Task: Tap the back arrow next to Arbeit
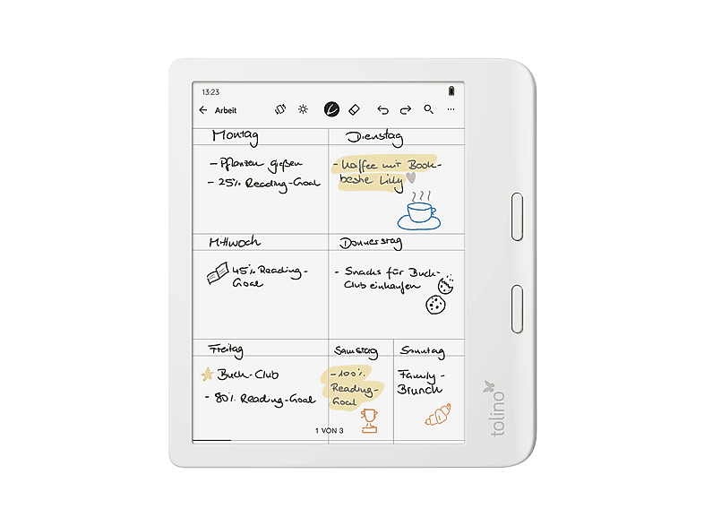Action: [203, 110]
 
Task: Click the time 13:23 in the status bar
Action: [210, 92]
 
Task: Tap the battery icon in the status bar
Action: [451, 91]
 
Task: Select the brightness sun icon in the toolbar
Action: [303, 109]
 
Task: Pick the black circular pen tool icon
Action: [331, 109]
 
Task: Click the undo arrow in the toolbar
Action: [383, 110]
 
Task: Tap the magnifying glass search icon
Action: [428, 109]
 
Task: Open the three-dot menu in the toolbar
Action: [451, 109]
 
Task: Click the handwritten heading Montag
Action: [235, 136]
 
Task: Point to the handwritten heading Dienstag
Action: [374, 138]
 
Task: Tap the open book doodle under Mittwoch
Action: [218, 276]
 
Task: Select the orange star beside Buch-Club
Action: [206, 374]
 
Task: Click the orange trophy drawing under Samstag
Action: [368, 420]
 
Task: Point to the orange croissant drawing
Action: [437, 414]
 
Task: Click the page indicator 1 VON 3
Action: [330, 431]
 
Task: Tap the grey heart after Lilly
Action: [411, 178]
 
